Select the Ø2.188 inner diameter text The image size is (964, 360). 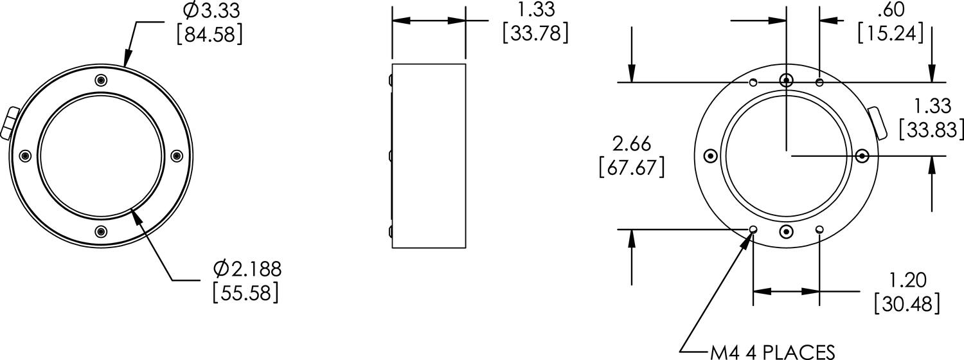point(247,268)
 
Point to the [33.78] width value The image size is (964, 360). point(535,32)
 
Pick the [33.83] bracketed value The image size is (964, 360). point(931,129)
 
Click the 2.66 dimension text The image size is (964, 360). point(631,143)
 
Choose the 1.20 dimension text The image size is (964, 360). point(907,280)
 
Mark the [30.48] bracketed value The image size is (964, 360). point(907,302)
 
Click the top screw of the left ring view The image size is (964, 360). point(100,80)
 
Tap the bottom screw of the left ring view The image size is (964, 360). point(100,231)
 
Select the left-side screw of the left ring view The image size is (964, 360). point(25,156)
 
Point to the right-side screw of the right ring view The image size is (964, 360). point(862,156)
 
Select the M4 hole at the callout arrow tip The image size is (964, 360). point(753,230)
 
